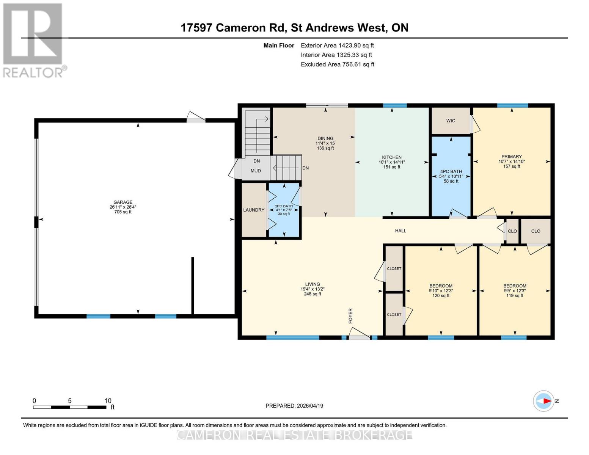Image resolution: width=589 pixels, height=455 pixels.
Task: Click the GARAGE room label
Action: click(123, 202)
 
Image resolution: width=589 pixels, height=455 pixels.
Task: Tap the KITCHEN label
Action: click(391, 157)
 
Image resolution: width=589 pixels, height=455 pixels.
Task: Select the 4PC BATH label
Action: click(451, 171)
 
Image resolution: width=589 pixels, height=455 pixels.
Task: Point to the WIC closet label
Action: click(451, 121)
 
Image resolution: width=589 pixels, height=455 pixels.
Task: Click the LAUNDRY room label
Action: click(254, 210)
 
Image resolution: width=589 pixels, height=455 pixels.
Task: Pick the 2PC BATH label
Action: click(284, 206)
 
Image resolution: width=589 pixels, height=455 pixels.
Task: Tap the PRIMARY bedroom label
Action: click(511, 157)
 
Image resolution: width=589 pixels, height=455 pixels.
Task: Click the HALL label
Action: click(401, 231)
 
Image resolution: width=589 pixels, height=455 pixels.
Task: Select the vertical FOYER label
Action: click(350, 315)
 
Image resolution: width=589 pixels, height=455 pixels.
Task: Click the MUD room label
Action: click(256, 171)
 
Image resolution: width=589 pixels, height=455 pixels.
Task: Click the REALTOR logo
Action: click(33, 40)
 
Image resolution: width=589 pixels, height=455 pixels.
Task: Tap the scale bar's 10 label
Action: click(108, 401)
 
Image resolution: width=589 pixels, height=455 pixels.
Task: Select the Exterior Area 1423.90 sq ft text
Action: click(337, 45)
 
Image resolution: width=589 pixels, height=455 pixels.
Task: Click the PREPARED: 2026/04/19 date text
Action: click(294, 406)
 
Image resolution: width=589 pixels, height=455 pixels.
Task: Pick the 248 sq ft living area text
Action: click(313, 294)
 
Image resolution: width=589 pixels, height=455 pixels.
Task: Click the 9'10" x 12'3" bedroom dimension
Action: click(441, 291)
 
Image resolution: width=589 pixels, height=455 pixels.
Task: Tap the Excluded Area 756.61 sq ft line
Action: click(337, 64)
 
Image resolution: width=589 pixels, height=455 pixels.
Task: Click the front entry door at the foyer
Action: click(359, 334)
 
